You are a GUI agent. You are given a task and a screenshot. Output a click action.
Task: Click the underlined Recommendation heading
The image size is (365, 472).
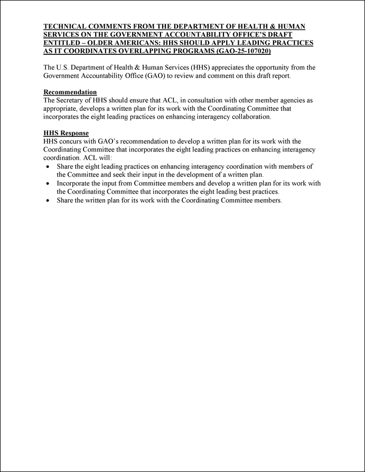pos(70,92)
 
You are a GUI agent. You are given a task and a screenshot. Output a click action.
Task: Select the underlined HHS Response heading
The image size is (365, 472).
pos(66,134)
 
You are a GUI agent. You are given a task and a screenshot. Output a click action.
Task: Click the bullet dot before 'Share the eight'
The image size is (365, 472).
pos(48,166)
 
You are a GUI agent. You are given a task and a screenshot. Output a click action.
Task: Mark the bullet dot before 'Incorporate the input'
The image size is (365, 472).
pos(48,183)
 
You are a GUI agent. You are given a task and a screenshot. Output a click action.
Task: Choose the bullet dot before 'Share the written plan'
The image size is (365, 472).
pos(48,200)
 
